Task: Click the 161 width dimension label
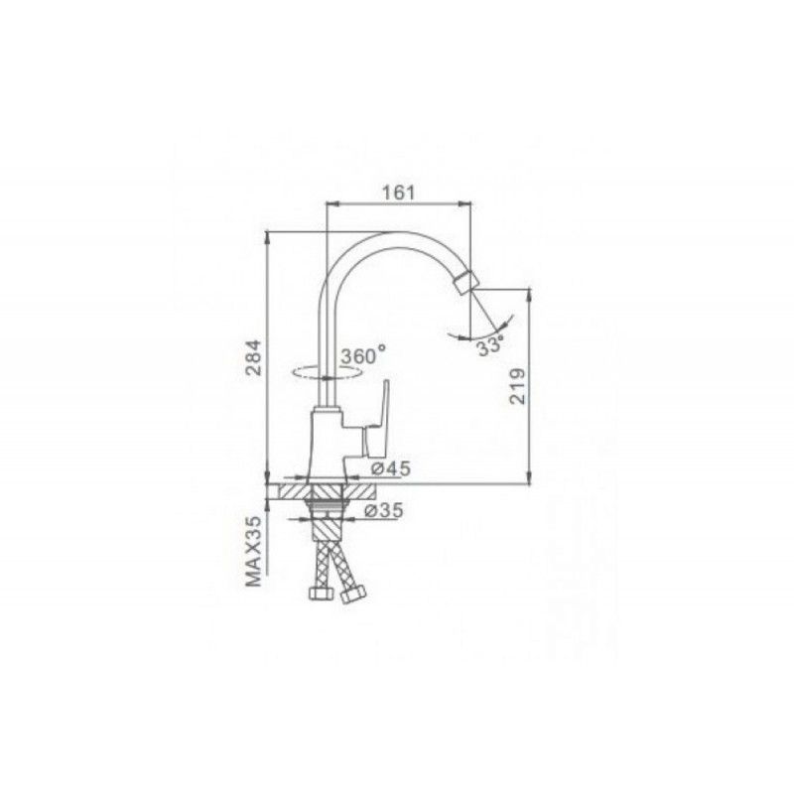click(398, 193)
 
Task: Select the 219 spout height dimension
click(517, 386)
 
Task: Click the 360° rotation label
click(363, 355)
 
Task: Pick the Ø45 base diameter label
click(390, 468)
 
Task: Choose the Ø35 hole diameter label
click(384, 510)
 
